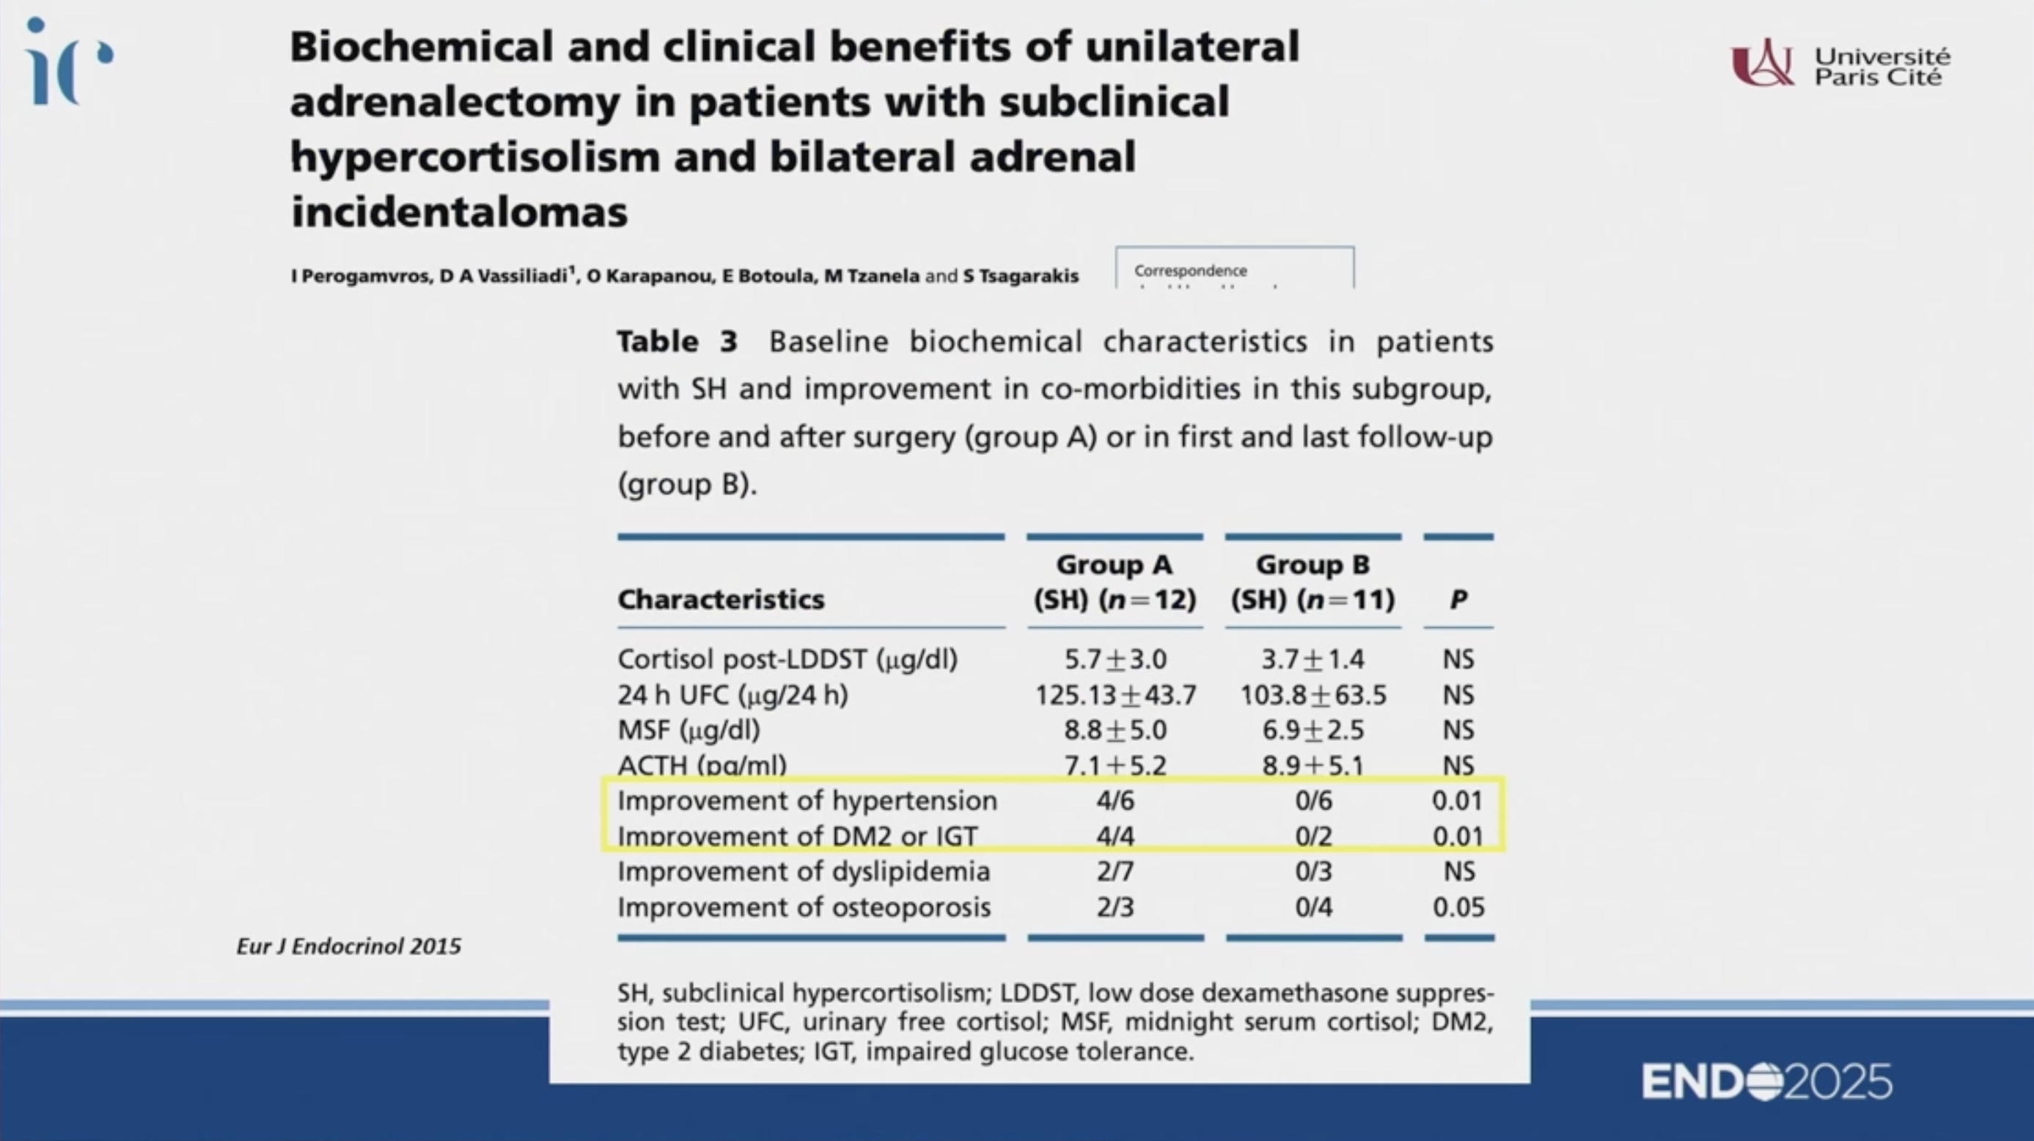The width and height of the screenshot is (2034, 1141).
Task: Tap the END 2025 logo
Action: point(1766,1081)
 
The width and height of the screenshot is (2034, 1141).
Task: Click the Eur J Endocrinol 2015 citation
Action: point(348,946)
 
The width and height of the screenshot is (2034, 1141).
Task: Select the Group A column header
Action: point(1114,582)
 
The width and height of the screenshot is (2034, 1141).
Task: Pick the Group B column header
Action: point(1312,582)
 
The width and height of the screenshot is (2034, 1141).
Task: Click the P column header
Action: point(1458,599)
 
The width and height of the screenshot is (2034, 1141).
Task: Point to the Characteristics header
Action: point(720,599)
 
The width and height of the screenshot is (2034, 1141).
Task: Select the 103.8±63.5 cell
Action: point(1312,695)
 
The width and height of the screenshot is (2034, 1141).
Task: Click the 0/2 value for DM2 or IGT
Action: point(1313,835)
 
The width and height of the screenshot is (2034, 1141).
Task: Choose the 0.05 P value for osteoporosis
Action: point(1458,906)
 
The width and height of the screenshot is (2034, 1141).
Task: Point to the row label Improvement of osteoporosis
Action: point(804,906)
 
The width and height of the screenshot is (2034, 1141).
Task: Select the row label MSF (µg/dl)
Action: point(689,730)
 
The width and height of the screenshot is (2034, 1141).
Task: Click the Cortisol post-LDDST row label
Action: point(787,658)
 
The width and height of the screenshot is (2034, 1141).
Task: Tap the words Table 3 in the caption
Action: point(677,342)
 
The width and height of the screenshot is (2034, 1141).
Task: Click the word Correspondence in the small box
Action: point(1190,271)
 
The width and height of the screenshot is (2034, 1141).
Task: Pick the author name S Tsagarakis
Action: point(1020,276)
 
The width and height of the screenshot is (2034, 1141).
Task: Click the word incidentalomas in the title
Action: point(460,212)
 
